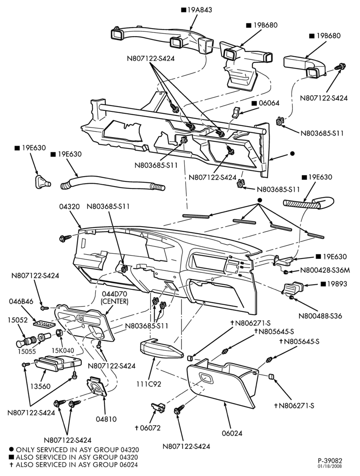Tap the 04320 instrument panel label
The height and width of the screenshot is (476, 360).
click(x=70, y=207)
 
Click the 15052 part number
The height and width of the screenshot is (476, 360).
click(x=18, y=320)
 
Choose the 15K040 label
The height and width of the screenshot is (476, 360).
click(x=63, y=351)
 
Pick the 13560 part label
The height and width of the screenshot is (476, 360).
click(x=40, y=387)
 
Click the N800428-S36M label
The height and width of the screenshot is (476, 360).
click(x=325, y=270)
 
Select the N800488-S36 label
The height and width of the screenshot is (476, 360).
click(x=320, y=316)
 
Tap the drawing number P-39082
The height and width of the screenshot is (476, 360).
click(x=330, y=461)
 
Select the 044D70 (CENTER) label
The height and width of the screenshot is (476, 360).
click(x=115, y=297)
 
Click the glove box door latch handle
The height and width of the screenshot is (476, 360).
click(x=206, y=378)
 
